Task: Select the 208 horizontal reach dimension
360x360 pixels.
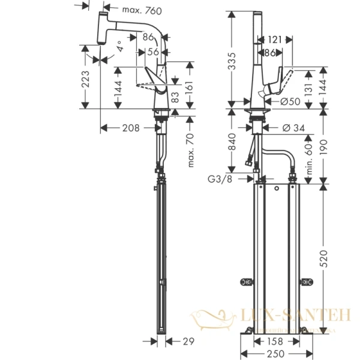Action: click(x=130, y=127)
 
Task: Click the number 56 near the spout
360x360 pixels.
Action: click(x=154, y=52)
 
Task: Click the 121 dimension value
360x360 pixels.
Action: click(x=275, y=40)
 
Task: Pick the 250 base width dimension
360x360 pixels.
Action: click(x=276, y=353)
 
